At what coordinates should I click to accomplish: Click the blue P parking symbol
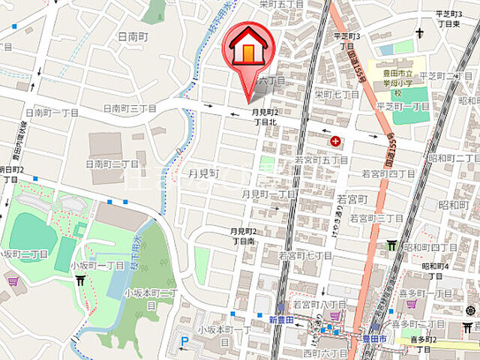pyautogui.click(x=184, y=342)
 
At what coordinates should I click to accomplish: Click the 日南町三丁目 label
pyautogui.click(x=129, y=109)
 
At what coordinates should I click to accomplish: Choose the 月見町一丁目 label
pyautogui.click(x=268, y=193)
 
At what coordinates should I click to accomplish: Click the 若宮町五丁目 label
pyautogui.click(x=321, y=160)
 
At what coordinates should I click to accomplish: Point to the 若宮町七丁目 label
pyautogui.click(x=305, y=256)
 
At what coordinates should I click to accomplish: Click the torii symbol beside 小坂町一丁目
pyautogui.click(x=80, y=280)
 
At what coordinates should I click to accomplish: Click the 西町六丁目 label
pyautogui.click(x=322, y=352)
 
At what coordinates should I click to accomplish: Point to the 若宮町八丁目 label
pyautogui.click(x=319, y=304)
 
